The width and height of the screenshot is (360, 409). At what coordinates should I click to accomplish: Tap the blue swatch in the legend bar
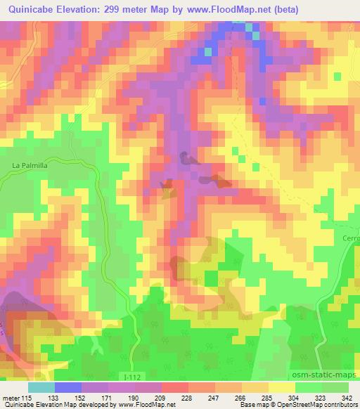coord(67,387)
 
